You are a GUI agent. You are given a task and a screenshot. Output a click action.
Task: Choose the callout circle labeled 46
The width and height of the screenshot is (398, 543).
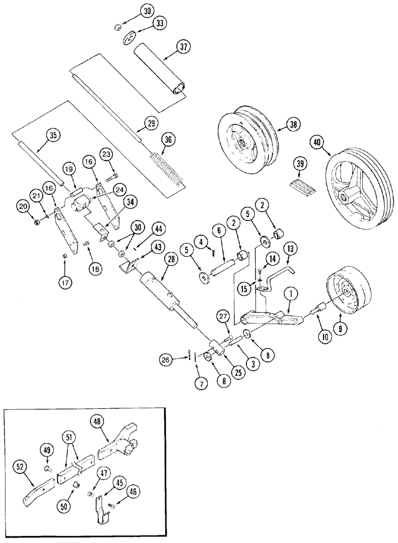click(x=132, y=491)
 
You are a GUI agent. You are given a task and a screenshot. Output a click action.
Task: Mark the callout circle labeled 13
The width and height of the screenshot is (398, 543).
click(x=288, y=248)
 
